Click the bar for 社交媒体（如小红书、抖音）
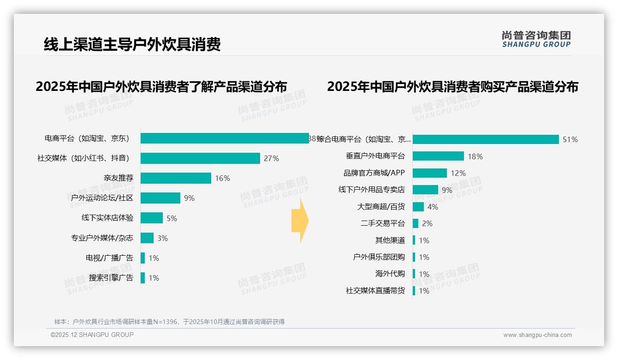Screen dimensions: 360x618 pos(200,158)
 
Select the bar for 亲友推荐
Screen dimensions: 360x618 pos(176,178)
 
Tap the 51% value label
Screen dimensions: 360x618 pos(570,139)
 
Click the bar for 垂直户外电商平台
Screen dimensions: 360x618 pos(438,156)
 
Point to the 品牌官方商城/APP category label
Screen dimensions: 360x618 pos(374,173)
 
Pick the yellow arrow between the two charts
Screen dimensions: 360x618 pos(300,221)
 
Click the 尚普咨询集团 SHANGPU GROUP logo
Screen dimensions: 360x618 pos(536,39)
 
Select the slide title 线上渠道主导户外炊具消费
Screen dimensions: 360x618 pos(132,44)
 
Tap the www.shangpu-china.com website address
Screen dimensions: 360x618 pos(537,335)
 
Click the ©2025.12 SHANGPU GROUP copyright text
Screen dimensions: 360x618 pos(92,335)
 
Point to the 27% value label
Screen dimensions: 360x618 pos(271,158)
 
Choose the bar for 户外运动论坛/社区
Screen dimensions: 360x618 pos(160,198)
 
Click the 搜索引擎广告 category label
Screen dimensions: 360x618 pos(111,278)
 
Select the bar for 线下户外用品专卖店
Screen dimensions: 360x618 pos(425,190)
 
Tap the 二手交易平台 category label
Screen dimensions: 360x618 pos(383,223)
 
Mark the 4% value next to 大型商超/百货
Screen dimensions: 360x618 pos(433,207)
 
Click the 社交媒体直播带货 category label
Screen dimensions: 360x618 pos(375,291)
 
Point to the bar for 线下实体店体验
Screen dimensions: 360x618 pos(152,218)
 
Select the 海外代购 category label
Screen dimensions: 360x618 pos(390,274)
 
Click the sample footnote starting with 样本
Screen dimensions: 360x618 pos(170,322)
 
